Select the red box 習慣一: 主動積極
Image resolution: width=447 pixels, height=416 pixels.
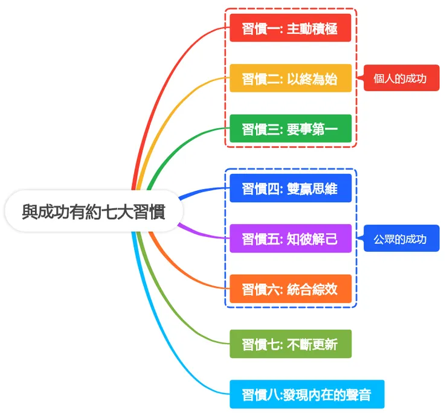point(290,28)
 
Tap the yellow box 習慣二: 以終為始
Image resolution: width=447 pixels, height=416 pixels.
point(290,78)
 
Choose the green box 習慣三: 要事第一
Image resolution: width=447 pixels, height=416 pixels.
point(290,129)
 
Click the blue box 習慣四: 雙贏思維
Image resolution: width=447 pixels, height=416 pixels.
point(290,188)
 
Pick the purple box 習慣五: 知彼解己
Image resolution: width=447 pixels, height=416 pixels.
point(290,238)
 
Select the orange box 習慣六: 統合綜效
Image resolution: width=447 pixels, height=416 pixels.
point(290,289)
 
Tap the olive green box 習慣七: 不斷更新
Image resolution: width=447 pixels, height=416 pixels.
point(290,344)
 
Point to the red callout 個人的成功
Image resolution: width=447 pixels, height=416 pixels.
point(400,78)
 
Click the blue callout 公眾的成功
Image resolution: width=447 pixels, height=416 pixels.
point(400,238)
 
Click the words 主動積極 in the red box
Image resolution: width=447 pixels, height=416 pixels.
point(312,28)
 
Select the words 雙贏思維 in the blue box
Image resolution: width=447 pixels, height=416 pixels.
point(312,188)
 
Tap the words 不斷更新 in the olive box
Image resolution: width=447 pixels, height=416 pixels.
point(312,344)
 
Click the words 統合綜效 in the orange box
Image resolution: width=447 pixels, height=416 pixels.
point(312,289)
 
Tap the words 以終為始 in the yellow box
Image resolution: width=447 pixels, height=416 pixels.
point(312,78)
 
